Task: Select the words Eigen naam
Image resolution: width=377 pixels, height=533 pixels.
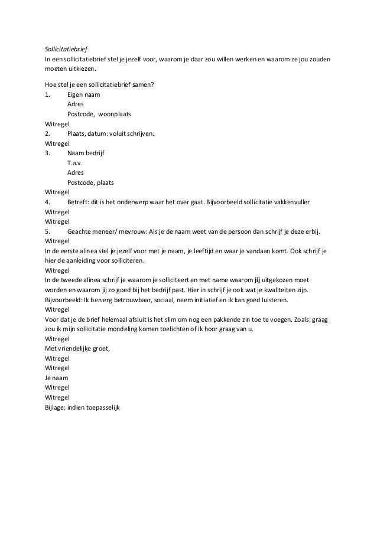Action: point(84,94)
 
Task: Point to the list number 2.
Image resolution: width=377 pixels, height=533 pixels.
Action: point(47,133)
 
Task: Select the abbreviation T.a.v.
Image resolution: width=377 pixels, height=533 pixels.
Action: point(75,163)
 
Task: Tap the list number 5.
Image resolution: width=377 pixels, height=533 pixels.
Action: point(47,231)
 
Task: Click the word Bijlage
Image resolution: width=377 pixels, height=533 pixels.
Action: point(56,407)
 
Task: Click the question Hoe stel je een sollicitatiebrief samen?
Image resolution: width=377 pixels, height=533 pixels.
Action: point(100,84)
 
